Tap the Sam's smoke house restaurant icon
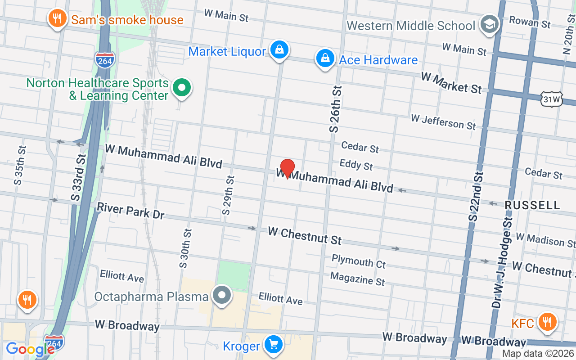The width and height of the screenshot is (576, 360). tap(57, 19)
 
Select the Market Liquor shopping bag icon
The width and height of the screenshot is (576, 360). tap(279, 50)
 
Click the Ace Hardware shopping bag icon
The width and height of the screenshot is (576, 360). tap(324, 58)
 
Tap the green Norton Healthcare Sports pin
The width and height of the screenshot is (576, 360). tap(182, 87)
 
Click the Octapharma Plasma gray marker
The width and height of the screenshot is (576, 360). tap(221, 296)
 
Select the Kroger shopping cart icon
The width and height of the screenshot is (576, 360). tap(273, 345)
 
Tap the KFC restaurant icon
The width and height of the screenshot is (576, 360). tap(547, 322)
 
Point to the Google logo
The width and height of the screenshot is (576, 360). tap(30, 349)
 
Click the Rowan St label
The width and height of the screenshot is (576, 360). tap(530, 22)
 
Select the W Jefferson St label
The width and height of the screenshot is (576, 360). tap(443, 121)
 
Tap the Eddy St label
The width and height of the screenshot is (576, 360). tap(356, 165)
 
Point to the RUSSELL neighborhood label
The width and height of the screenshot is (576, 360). tap(532, 205)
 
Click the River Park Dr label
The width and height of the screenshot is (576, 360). tap(131, 211)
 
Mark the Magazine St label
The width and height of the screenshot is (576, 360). tap(357, 279)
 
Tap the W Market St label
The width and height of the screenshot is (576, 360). tap(451, 83)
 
